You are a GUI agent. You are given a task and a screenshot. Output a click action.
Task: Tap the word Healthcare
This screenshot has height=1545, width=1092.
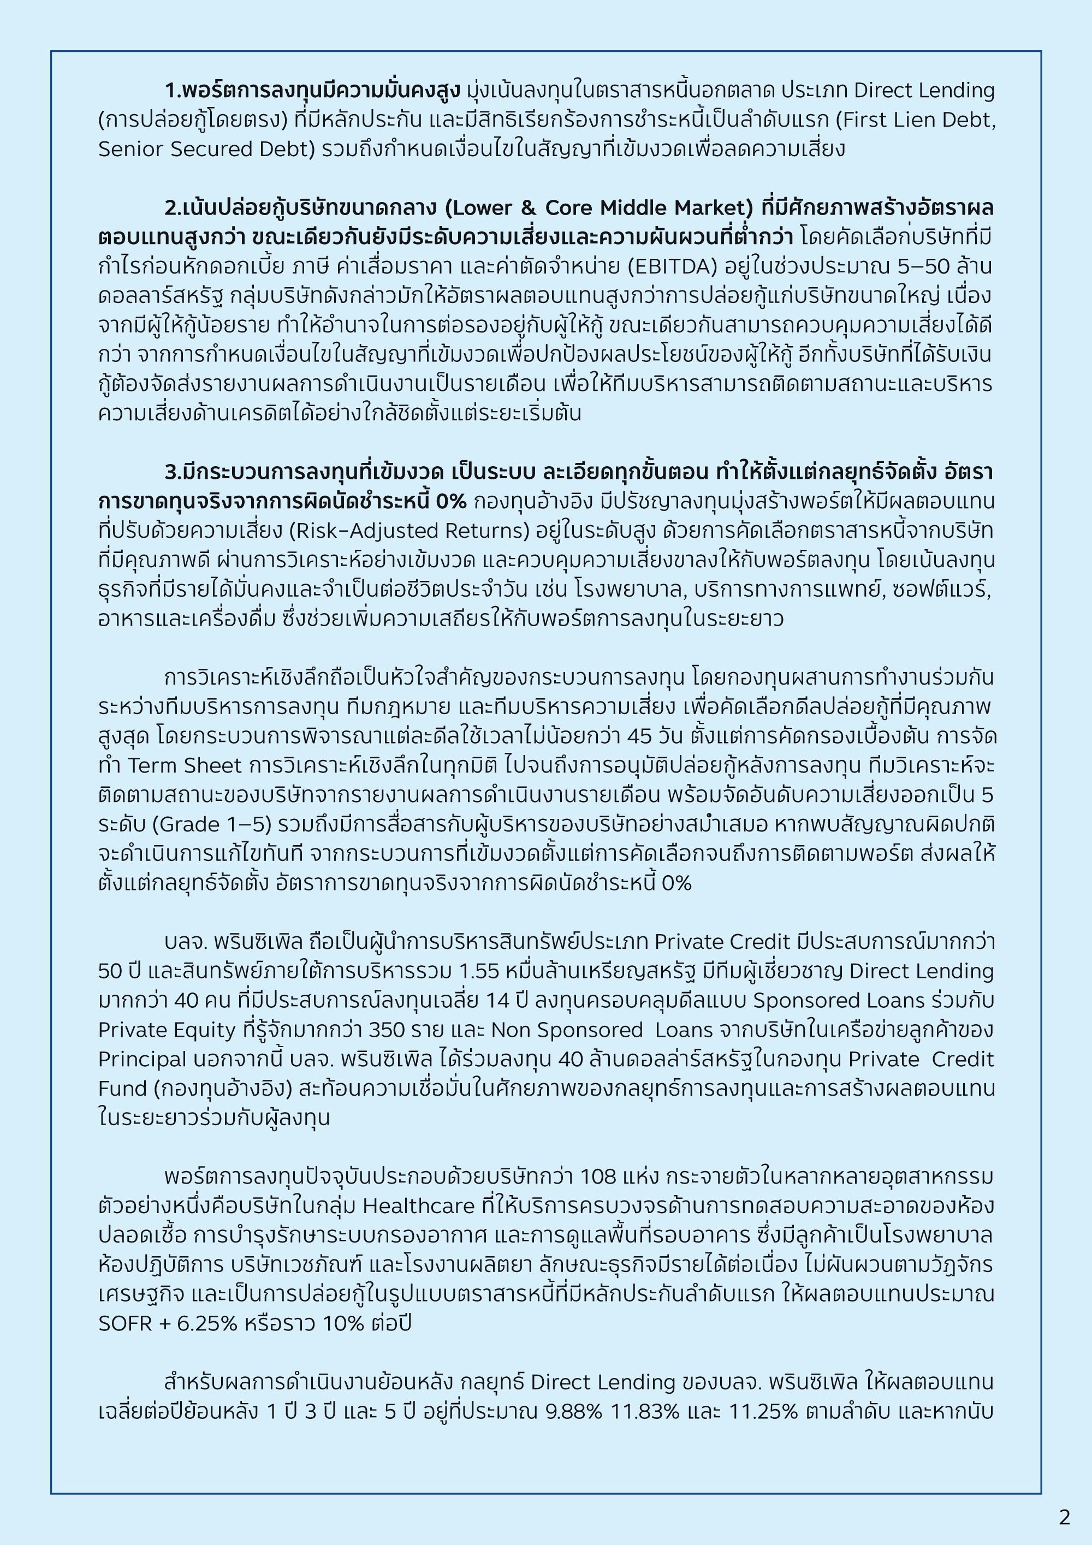coord(418,1206)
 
